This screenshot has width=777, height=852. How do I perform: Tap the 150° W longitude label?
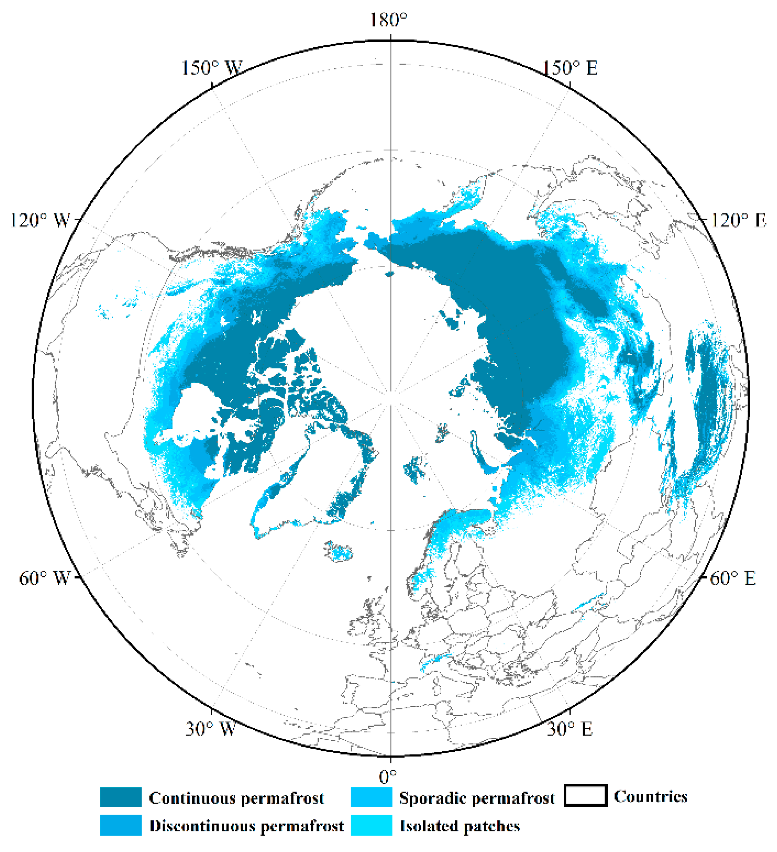tap(212, 67)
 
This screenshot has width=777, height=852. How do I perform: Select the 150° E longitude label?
tap(570, 67)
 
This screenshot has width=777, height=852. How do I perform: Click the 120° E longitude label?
tap(737, 220)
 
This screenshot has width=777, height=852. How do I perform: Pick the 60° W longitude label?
tap(44, 578)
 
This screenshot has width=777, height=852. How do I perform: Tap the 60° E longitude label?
tap(733, 578)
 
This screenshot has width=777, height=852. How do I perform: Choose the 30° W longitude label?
tap(210, 728)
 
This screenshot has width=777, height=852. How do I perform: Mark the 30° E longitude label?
tap(569, 728)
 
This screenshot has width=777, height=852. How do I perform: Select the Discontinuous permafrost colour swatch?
tap(121, 825)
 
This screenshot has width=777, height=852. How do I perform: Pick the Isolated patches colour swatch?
tap(371, 825)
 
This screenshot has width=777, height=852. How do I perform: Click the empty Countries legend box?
tap(585, 796)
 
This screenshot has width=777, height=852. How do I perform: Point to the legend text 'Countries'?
tap(651, 796)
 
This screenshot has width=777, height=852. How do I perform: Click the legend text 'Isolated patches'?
tap(460, 826)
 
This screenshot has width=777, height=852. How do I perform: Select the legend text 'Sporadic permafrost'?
tap(477, 798)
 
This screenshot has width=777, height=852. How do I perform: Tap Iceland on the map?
tap(339, 550)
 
